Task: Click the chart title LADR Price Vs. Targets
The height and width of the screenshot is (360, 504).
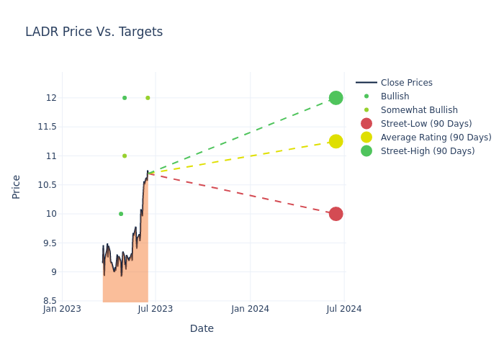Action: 94,32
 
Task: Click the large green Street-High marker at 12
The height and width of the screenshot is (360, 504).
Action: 336,98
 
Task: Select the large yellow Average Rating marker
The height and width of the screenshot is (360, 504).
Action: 336,141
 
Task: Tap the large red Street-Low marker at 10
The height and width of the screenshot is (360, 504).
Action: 336,214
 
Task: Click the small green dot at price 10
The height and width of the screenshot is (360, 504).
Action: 121,214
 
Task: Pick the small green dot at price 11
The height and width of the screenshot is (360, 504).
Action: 125,156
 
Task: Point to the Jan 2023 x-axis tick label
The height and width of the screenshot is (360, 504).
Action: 62,309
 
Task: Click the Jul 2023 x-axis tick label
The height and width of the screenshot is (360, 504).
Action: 156,309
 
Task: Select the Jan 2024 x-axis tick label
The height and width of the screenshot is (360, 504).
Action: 251,309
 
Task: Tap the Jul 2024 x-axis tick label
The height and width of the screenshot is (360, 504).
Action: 344,309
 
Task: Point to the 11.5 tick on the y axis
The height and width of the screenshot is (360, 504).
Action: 46,127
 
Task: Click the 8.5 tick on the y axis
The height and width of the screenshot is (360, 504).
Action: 49,301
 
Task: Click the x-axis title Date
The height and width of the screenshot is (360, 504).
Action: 202,328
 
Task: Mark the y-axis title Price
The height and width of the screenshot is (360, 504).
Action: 17,186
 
